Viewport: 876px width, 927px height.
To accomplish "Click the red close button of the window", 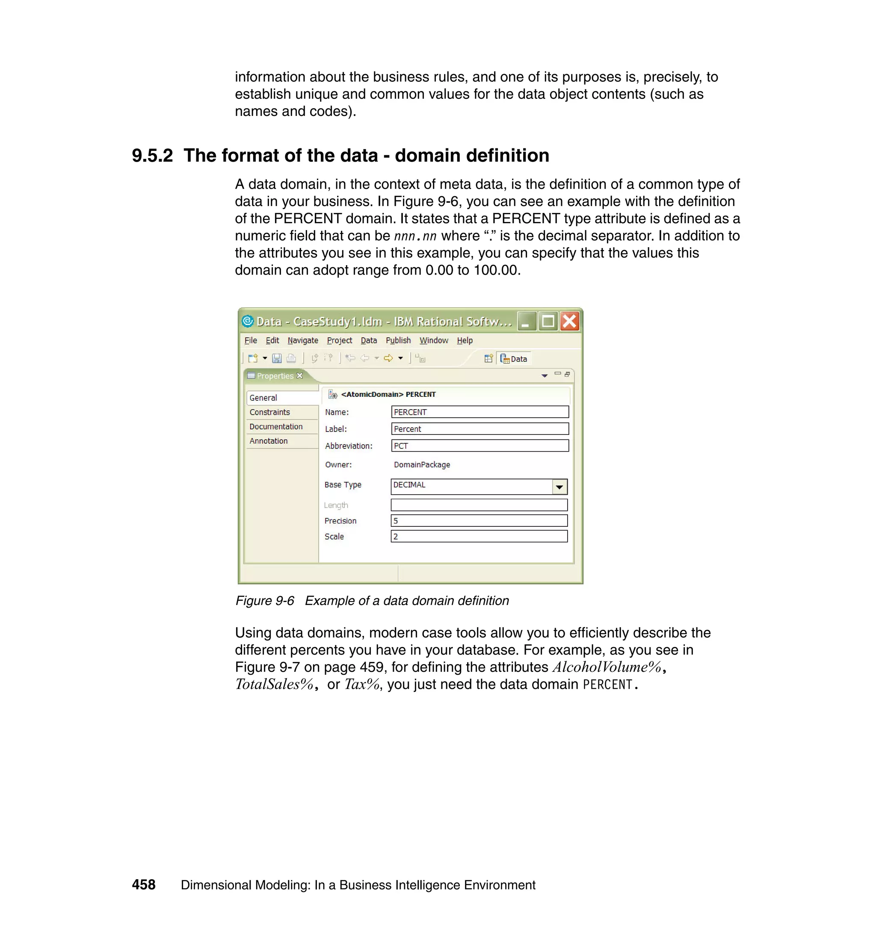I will pyautogui.click(x=569, y=321).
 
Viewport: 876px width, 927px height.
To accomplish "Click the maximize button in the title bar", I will pyautogui.click(x=548, y=321).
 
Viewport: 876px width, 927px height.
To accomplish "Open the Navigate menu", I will pyautogui.click(x=302, y=340).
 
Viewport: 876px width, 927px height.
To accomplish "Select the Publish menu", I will pyautogui.click(x=398, y=340).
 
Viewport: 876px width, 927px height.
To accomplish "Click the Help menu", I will pyautogui.click(x=464, y=340).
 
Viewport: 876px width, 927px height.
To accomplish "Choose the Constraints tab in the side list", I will pyautogui.click(x=269, y=412).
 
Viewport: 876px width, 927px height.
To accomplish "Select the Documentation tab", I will pyautogui.click(x=275, y=427).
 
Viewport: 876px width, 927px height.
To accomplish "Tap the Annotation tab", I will pyautogui.click(x=268, y=441).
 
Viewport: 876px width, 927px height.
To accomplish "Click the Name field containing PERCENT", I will pyautogui.click(x=479, y=412).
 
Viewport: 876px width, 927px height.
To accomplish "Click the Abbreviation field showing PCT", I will pyautogui.click(x=479, y=446).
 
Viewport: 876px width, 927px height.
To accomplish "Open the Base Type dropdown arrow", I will pyautogui.click(x=559, y=487).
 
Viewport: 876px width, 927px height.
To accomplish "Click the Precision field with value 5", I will pyautogui.click(x=479, y=520).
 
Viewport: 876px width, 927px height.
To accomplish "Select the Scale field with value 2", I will pyautogui.click(x=479, y=536).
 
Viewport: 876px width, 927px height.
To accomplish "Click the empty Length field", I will pyautogui.click(x=479, y=505).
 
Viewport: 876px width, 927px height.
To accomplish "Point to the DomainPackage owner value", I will pyautogui.click(x=422, y=465).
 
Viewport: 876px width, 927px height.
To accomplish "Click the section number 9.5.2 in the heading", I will pyautogui.click(x=152, y=156).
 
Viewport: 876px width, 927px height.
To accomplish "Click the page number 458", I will pyautogui.click(x=143, y=885).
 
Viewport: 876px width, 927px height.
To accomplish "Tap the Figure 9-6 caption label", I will pyautogui.click(x=265, y=601).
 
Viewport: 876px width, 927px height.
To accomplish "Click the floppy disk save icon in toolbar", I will pyautogui.click(x=277, y=358).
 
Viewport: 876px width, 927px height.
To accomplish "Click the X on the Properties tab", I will pyautogui.click(x=300, y=376).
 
